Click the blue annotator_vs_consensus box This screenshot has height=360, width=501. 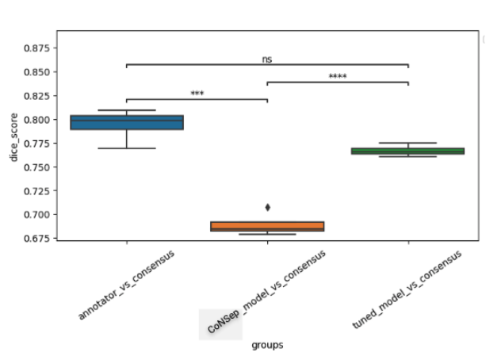127,122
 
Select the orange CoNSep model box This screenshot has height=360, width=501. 267,226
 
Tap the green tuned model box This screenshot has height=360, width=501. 407,151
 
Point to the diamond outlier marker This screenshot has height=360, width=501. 268,208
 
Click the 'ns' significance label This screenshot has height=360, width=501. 267,59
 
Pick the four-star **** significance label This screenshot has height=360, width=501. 338,76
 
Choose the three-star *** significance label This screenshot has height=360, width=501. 197,94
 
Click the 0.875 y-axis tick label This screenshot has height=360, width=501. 36,48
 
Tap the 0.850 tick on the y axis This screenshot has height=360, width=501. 36,72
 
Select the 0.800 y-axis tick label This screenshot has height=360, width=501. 36,120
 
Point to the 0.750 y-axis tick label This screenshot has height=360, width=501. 36,167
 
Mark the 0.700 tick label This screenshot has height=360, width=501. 36,215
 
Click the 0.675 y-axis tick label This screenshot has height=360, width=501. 36,239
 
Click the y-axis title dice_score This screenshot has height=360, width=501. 13,137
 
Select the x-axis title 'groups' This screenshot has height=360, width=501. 267,345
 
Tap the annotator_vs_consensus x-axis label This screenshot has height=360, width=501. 127,285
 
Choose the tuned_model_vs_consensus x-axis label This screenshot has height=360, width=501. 407,289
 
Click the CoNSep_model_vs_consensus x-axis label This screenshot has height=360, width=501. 267,292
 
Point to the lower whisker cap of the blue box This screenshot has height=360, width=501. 127,148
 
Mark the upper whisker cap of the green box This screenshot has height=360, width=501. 407,143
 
